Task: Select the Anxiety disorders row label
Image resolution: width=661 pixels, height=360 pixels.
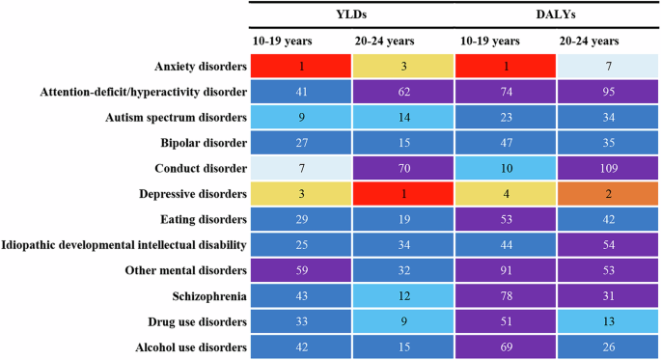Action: point(197,67)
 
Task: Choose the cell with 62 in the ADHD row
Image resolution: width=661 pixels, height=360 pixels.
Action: point(402,93)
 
